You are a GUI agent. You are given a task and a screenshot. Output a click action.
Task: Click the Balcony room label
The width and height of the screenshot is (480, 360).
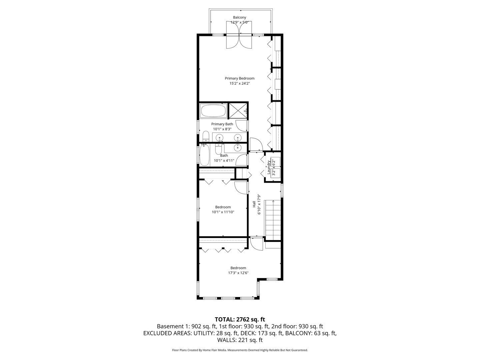point(239,17)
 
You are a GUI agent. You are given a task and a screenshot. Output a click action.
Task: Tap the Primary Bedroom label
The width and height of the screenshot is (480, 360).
point(239,78)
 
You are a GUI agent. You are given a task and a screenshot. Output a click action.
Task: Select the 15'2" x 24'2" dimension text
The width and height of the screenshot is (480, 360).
point(239,84)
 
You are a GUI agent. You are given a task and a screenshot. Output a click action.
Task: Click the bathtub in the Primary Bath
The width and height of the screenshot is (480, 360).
point(213,110)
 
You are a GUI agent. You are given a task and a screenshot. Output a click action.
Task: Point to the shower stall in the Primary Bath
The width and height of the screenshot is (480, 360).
point(238,110)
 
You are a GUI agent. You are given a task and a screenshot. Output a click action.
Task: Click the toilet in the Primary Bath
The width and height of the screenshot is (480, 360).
point(206,136)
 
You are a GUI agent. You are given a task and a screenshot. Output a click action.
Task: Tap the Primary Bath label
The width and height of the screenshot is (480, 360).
point(222,124)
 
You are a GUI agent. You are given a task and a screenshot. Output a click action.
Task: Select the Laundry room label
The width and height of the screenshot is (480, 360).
point(269,167)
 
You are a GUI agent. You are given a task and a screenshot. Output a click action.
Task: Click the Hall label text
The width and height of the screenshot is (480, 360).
point(254,204)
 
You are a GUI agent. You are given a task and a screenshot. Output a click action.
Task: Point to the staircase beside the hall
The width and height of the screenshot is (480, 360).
point(273,220)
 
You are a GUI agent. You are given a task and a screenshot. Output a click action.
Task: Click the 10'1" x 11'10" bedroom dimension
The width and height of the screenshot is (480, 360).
point(223,212)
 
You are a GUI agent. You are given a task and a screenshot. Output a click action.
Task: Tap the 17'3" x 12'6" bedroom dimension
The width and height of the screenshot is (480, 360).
point(238,273)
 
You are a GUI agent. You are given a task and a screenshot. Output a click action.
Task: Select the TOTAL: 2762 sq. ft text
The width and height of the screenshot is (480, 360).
point(240,319)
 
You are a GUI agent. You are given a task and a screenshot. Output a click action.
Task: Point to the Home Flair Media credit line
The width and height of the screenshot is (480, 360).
point(240,350)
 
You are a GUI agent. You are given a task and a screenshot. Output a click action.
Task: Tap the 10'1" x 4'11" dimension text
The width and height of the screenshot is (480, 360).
point(224,161)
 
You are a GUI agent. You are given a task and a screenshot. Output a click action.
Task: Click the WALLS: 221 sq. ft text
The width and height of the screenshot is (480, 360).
point(240,340)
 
